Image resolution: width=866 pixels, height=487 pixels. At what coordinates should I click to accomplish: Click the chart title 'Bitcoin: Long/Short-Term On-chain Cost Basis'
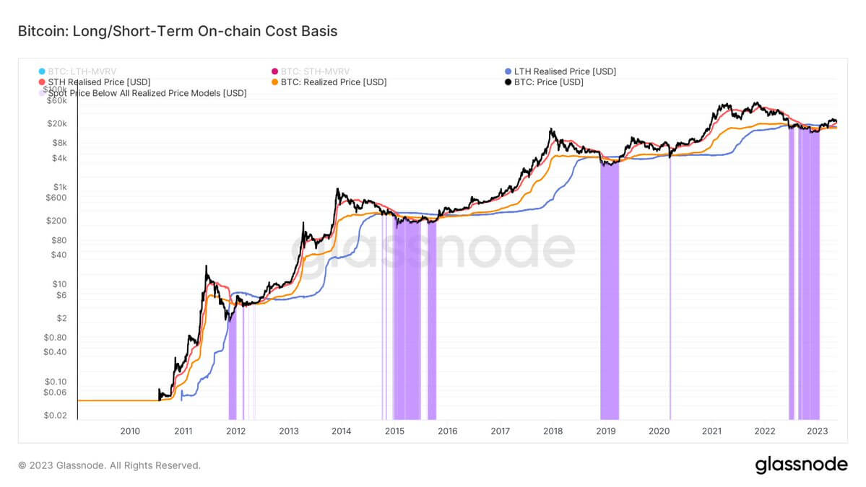[x=178, y=31]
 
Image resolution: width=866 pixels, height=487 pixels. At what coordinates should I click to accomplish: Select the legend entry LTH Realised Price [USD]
[x=564, y=71]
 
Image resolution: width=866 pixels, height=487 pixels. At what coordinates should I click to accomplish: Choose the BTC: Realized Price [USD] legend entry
[x=333, y=82]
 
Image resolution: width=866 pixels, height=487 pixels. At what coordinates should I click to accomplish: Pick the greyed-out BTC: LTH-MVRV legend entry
[x=86, y=71]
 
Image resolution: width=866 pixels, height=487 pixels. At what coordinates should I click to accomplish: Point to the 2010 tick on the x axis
[x=130, y=431]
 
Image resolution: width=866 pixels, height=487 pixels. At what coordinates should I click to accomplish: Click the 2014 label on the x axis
[x=342, y=431]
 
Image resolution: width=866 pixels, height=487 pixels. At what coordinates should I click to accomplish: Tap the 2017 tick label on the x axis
[x=500, y=431]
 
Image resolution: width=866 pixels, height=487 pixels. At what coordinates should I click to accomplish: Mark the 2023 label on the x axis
[x=817, y=431]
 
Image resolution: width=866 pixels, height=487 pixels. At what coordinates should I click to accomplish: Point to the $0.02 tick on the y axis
[x=56, y=416]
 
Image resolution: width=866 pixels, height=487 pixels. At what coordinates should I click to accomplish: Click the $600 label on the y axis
[x=56, y=198]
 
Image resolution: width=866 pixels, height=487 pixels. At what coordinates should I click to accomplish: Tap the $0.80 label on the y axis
[x=55, y=337]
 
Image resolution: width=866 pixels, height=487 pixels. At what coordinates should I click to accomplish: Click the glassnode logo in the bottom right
[x=801, y=465]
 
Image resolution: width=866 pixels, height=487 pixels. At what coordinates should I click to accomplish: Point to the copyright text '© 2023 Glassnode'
[x=108, y=466]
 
